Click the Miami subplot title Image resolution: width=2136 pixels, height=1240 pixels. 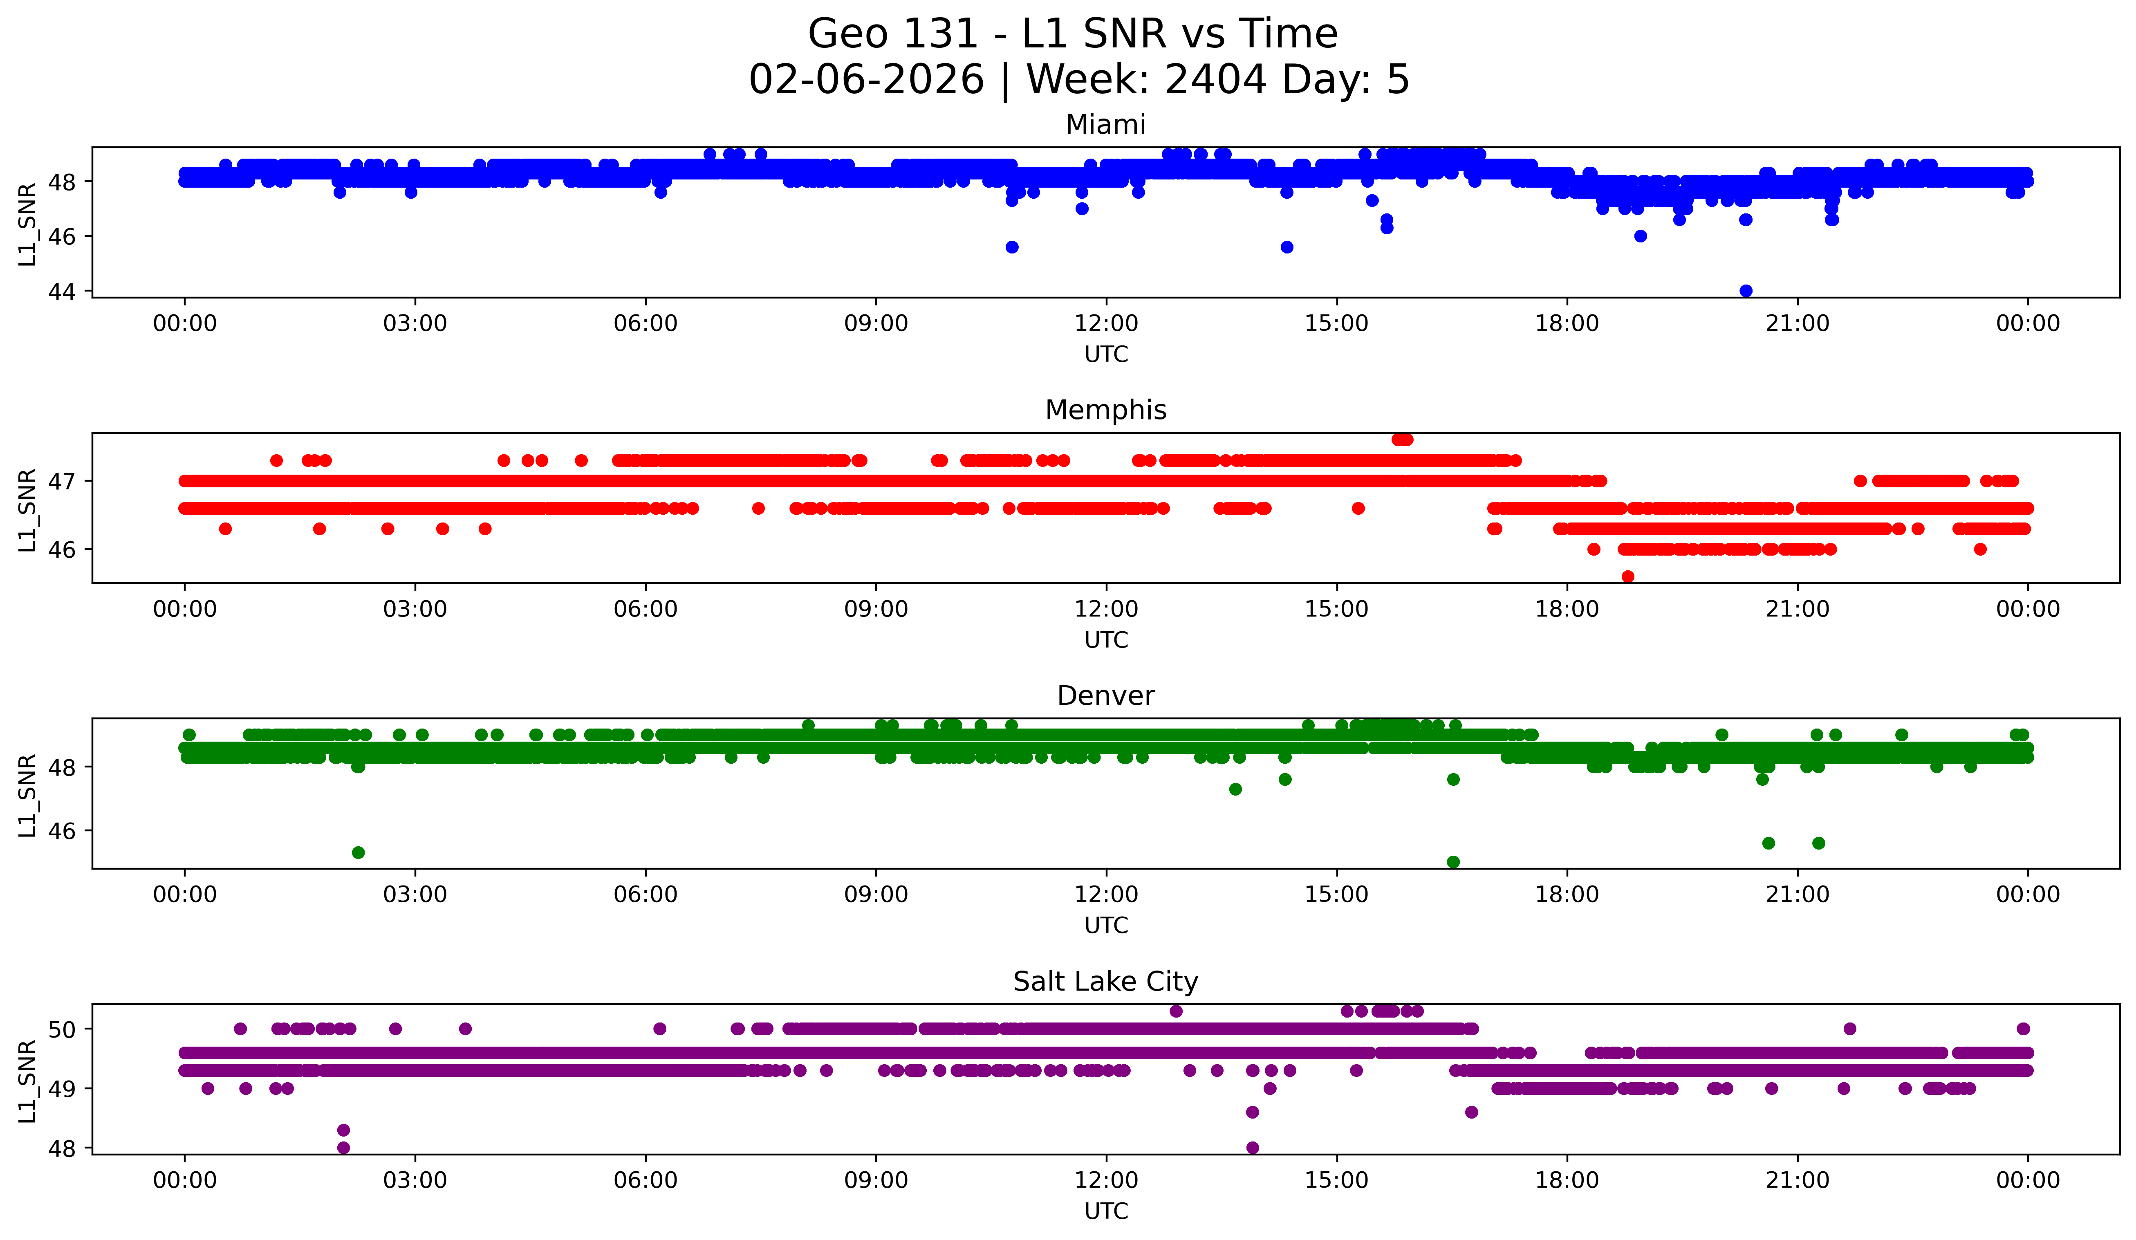click(x=1105, y=125)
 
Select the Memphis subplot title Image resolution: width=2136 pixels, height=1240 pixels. click(x=1105, y=410)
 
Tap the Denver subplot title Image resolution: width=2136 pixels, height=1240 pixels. click(x=1105, y=696)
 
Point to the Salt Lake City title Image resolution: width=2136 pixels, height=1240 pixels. click(x=1105, y=982)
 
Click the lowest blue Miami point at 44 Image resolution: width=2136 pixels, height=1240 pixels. click(x=1745, y=291)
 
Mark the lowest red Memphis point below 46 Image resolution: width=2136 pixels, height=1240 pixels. click(x=1627, y=576)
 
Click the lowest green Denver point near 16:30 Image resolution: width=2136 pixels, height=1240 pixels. click(x=1453, y=862)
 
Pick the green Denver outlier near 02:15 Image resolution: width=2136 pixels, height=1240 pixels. click(x=359, y=852)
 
